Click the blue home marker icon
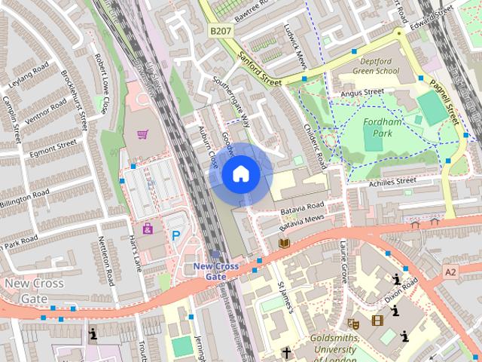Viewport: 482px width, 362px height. pos(240,174)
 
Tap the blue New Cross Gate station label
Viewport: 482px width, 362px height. pos(216,271)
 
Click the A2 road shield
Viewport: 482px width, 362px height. pos(450,271)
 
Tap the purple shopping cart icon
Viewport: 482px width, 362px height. pos(142,134)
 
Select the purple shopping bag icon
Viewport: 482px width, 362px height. pos(148,228)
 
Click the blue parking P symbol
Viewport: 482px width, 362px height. pos(175,235)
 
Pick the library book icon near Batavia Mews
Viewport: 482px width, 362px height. pos(284,242)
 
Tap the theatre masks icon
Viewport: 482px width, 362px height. pos(354,322)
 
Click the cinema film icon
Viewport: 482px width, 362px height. pos(377,321)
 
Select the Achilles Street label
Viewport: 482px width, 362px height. pos(392,182)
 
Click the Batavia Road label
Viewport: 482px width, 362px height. pos(301,206)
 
